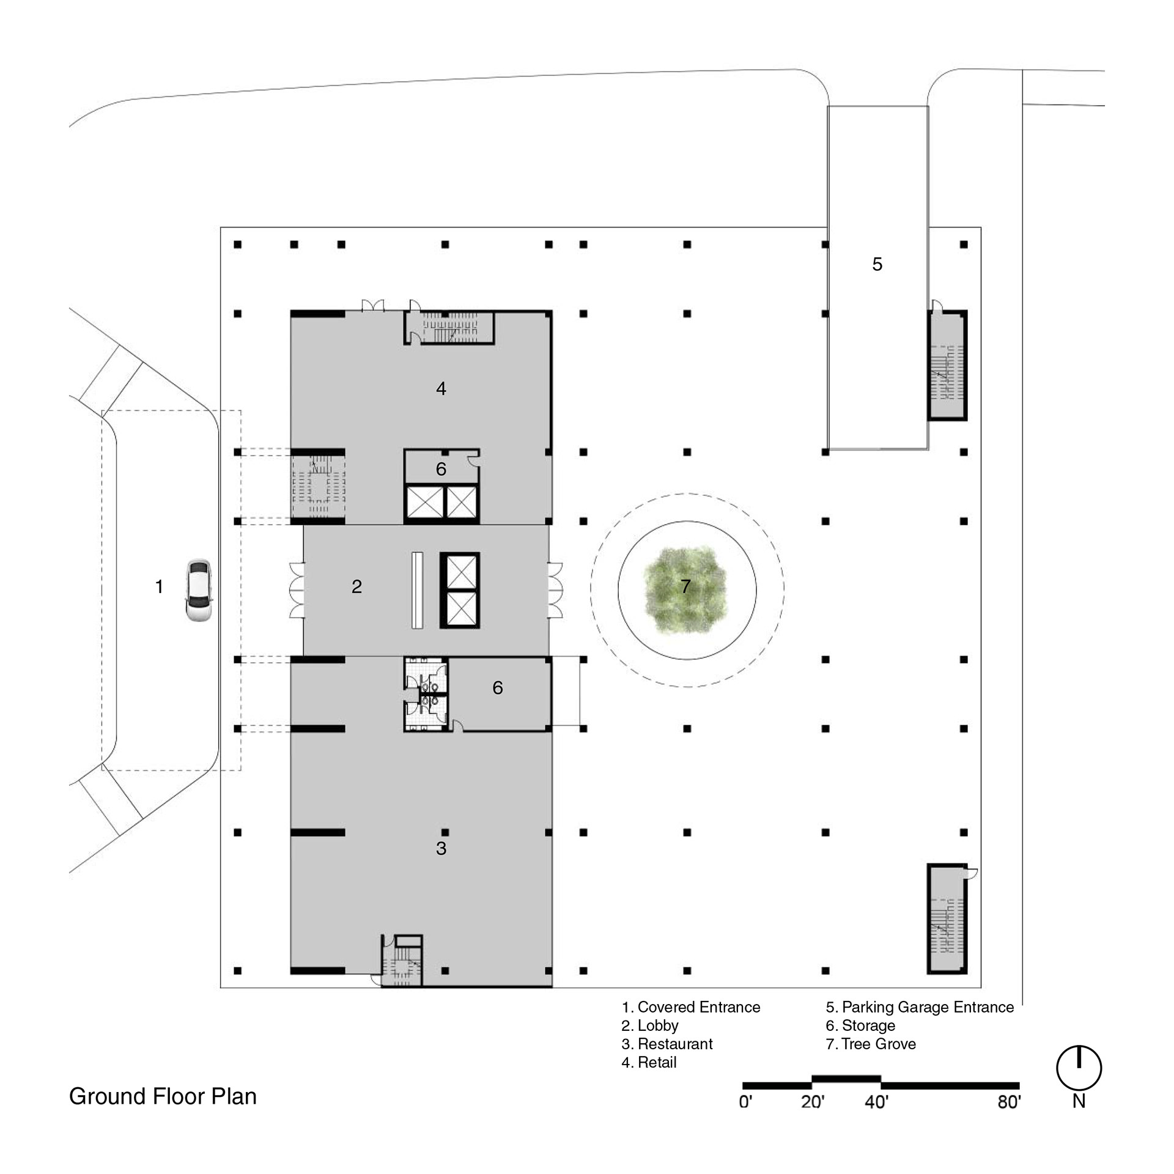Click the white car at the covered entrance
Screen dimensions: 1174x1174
199,591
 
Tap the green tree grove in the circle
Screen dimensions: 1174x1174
685,589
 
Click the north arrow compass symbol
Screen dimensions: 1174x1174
1079,1069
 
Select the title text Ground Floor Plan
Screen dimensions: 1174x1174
163,1096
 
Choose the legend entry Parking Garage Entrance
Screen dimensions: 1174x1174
920,1007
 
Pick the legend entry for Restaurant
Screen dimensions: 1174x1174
667,1044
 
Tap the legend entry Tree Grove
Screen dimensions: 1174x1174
871,1044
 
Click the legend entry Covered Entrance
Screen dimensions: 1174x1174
691,1007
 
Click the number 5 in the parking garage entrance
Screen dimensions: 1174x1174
877,264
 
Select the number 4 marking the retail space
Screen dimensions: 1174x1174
441,388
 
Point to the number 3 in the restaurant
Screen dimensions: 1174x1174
441,848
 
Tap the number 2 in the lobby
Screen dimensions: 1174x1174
356,587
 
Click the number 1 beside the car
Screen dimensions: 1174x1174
160,587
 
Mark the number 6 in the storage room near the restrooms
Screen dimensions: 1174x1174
498,688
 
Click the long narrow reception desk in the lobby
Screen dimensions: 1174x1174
418,590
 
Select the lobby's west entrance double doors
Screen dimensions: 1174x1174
297,590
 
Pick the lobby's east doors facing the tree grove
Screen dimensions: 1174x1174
555,590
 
